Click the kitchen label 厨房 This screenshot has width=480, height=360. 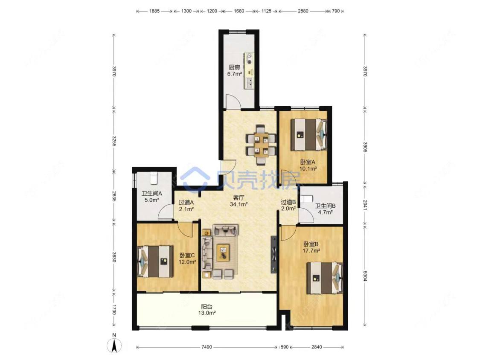coord(234,68)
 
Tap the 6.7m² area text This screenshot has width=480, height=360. coord(235,74)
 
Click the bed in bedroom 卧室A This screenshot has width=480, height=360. coord(308,134)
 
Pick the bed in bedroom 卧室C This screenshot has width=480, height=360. coord(155,261)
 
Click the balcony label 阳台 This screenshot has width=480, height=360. coord(207,307)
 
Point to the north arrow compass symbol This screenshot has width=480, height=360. coord(114,345)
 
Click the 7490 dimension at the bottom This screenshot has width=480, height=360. coord(207,347)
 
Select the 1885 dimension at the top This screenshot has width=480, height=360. coord(154,11)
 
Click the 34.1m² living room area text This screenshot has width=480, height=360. coord(239,204)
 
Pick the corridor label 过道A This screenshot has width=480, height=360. coord(186,202)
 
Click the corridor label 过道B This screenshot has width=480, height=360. coord(288,202)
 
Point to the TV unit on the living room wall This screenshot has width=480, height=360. coord(273,254)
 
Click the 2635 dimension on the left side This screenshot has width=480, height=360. coord(114,196)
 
